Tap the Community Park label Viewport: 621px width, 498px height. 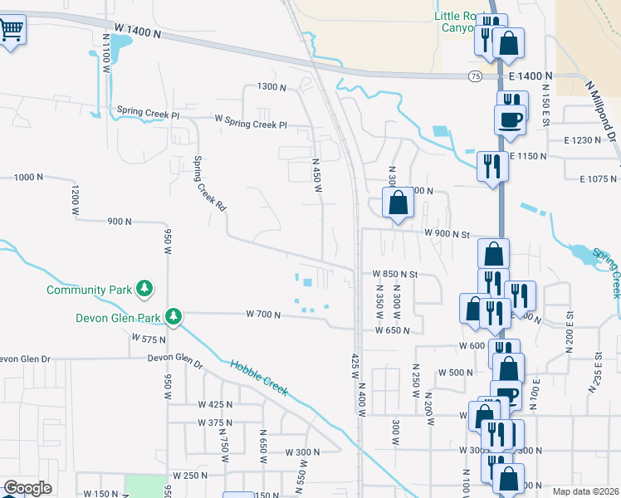(x=90, y=290)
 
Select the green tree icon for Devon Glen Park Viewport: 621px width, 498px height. (x=174, y=316)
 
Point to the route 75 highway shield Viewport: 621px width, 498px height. (x=474, y=76)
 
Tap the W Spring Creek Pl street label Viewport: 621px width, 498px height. (x=250, y=125)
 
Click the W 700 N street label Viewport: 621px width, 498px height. (x=264, y=314)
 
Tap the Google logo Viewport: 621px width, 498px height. (x=27, y=488)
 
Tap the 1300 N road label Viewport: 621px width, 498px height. (x=271, y=87)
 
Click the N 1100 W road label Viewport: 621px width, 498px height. (x=106, y=54)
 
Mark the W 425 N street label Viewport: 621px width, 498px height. (x=215, y=404)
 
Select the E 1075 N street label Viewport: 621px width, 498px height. (x=599, y=178)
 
